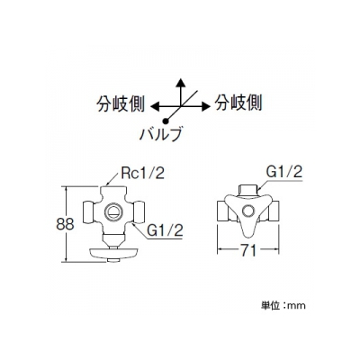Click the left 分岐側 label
coord(121,104)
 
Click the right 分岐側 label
coord(238,103)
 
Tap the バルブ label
coord(161,134)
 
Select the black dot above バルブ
coord(165,121)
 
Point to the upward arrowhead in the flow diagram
coord(180,83)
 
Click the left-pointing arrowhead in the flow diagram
coord(155,106)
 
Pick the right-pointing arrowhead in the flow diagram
coord(205,105)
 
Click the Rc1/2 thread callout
coord(143,174)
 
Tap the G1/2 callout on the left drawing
coord(165,230)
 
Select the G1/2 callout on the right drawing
coord(283,172)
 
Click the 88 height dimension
coord(65,224)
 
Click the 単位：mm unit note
coord(283,305)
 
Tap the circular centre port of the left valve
coord(113,212)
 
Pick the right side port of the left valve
coord(139,212)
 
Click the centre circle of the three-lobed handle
coord(248,211)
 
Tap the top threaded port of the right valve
coord(248,191)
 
